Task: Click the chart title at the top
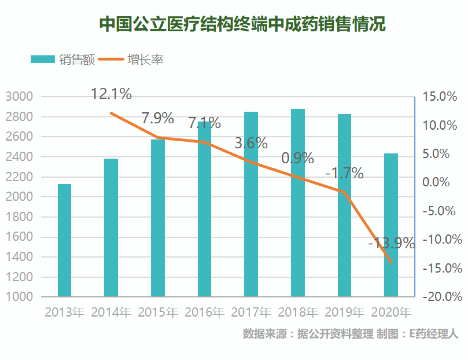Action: [242, 24]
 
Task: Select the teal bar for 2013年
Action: [64, 241]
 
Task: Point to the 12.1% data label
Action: [111, 94]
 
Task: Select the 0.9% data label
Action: [298, 158]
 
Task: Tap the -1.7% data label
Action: [344, 173]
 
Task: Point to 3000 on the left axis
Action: [19, 96]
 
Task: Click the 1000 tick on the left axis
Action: [19, 296]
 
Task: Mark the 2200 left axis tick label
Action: [19, 177]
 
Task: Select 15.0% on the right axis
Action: [440, 96]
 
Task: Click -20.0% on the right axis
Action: [442, 296]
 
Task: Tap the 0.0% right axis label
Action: [436, 182]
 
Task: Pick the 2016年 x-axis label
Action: [204, 312]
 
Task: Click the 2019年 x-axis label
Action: [344, 312]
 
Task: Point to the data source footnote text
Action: [350, 334]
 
